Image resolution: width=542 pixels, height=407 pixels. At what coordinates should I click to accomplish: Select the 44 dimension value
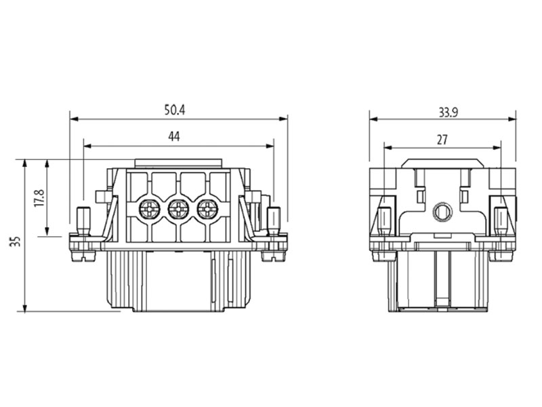174,137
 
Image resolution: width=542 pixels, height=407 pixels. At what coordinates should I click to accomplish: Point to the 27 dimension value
442,139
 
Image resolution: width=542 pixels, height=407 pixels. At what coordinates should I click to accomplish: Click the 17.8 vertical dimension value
39,198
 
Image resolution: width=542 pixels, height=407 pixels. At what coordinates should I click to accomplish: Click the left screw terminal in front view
149,210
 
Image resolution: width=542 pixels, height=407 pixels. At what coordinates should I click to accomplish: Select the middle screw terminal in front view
178,210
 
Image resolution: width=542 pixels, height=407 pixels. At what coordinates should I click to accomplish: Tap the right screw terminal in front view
207,210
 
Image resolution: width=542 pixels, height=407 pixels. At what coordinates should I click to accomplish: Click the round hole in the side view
442,212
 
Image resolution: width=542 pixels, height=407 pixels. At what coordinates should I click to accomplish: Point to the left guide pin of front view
83,220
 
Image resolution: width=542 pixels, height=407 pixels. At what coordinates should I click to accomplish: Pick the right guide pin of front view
274,220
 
